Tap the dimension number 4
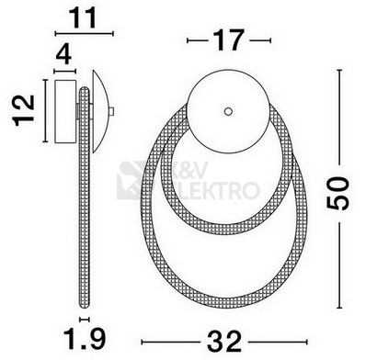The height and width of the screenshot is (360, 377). pos(64,55)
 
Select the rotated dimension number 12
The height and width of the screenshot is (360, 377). pos(23,110)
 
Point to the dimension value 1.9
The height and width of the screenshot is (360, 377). pos(85,339)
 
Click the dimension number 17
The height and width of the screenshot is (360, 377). pos(229,39)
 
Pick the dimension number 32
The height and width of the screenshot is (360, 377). pos(224,342)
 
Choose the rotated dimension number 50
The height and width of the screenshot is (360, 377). pos(337,194)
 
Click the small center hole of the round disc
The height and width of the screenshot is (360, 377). pos(228,111)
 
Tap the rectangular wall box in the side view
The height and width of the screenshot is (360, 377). pos(65,111)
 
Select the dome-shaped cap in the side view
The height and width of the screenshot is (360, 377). pos(99,111)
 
